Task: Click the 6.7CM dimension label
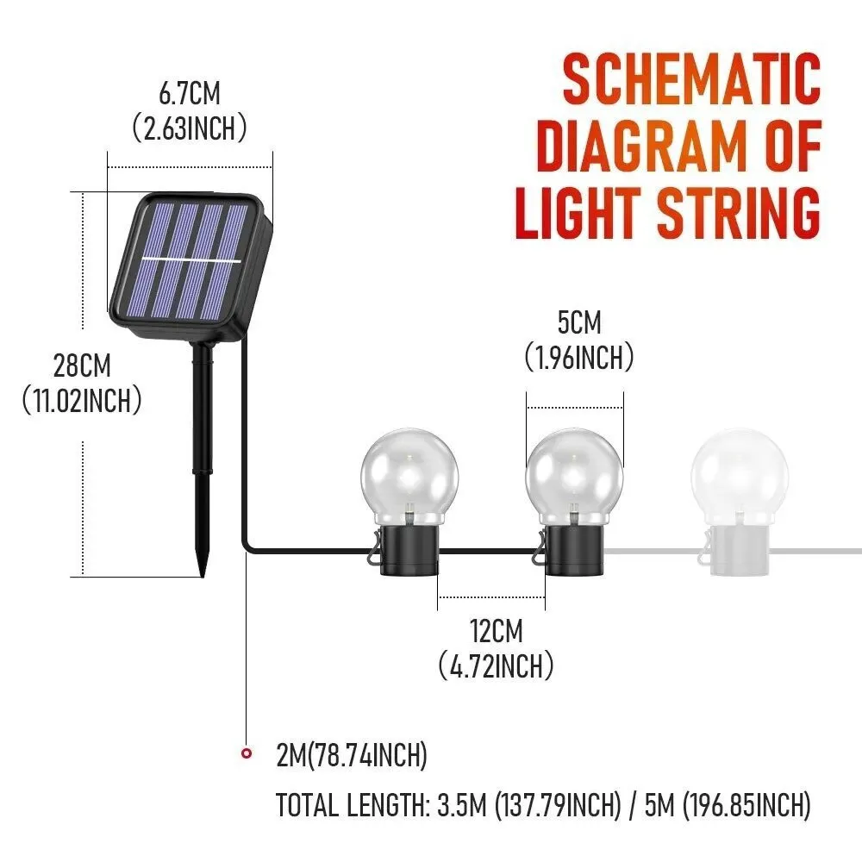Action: [190, 93]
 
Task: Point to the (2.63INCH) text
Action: [190, 128]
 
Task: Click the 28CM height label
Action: [82, 365]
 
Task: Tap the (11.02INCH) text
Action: [82, 401]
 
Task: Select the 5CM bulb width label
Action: [578, 323]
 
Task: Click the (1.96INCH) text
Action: [578, 358]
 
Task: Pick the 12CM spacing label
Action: [496, 631]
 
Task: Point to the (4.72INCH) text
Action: [496, 665]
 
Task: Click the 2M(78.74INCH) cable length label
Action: [352, 756]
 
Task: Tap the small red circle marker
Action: [247, 754]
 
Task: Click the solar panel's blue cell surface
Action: [185, 259]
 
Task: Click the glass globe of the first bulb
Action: [409, 470]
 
